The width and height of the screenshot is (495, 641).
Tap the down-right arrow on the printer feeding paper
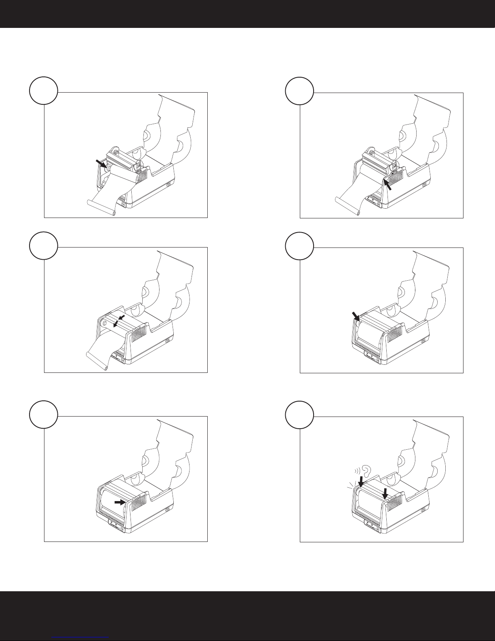click(x=101, y=163)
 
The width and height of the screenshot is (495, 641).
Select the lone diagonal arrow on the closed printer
click(x=356, y=316)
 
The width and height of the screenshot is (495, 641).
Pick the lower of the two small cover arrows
click(x=116, y=323)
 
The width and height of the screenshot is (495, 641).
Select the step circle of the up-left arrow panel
click(x=299, y=91)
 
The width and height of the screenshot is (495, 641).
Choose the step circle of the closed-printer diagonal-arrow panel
click(x=299, y=245)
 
